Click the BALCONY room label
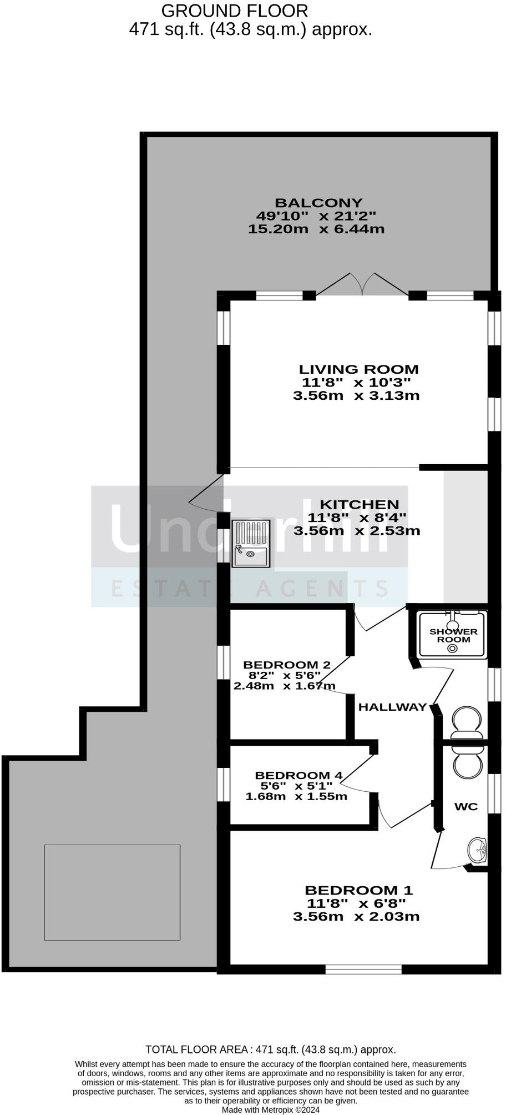tap(319, 203)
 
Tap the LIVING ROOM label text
tap(358, 369)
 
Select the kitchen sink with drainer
tap(251, 544)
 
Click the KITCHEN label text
tap(360, 504)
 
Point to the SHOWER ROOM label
tap(453, 635)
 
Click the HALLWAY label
tap(392, 707)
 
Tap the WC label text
tap(465, 807)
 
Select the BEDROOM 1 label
tap(358, 890)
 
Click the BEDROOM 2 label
tap(287, 665)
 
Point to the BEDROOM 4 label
tap(298, 775)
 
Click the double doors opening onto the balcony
tap(362, 285)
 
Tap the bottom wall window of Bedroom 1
tap(363, 968)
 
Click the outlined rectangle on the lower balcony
tap(112, 892)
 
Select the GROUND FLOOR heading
tap(234, 11)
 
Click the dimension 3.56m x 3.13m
tap(356, 396)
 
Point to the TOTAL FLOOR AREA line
tap(270, 1049)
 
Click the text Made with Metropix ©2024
tap(270, 1109)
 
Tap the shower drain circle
tap(453, 647)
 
